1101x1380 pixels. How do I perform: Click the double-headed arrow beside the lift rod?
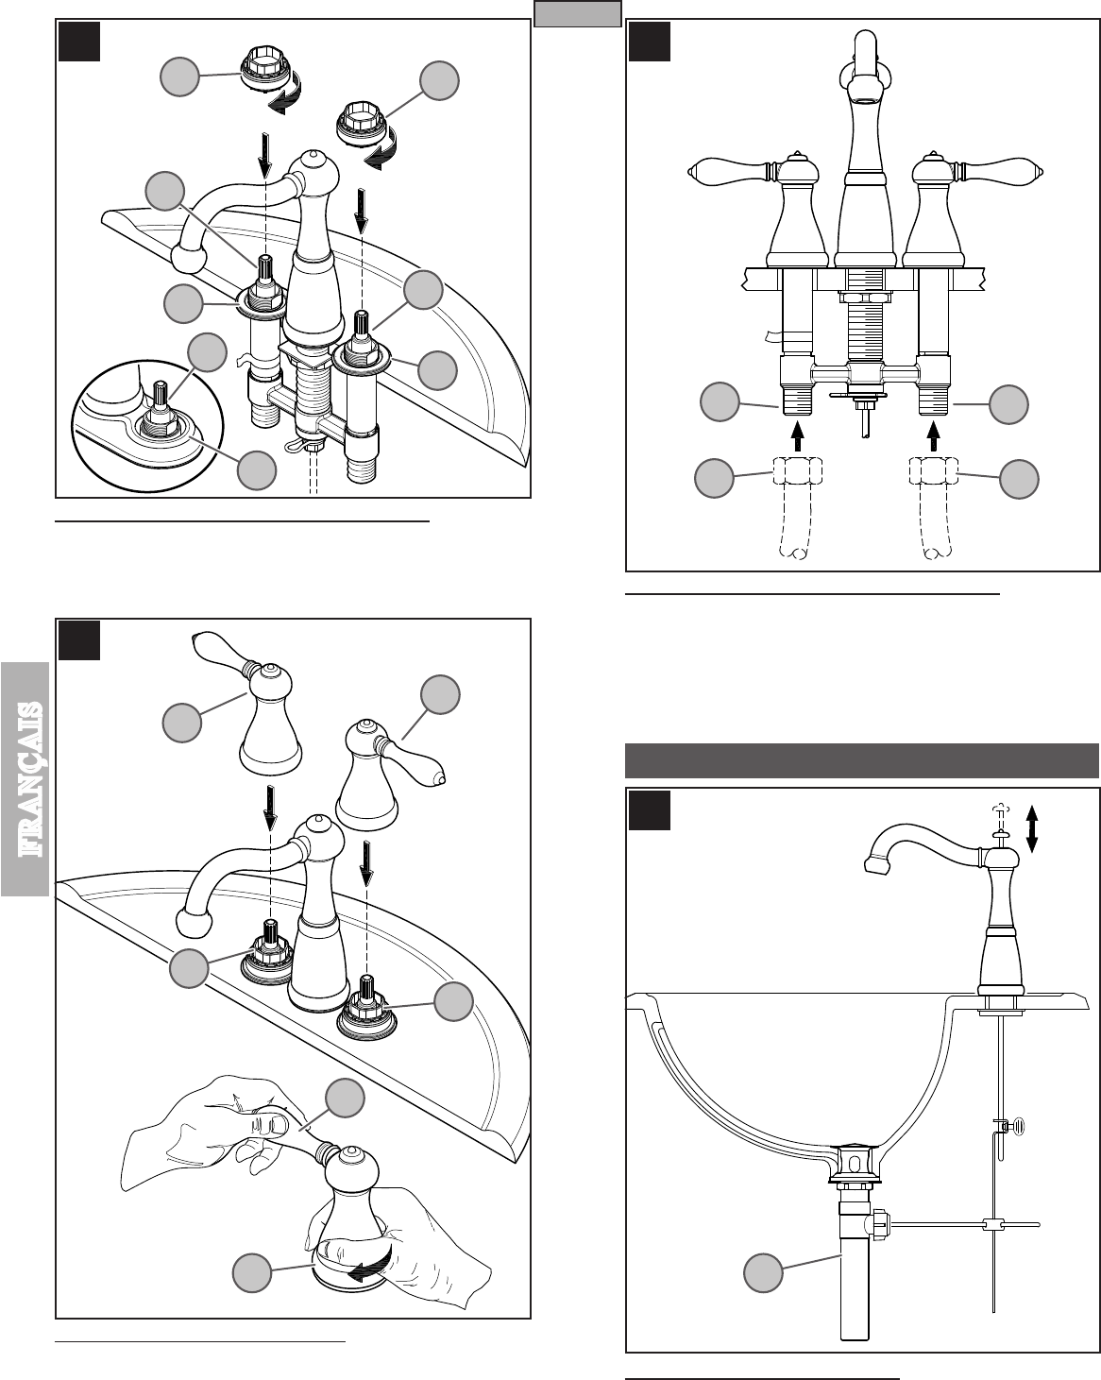[1032, 827]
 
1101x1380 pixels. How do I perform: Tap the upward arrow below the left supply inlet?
[798, 435]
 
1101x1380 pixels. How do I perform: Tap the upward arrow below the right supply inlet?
[935, 435]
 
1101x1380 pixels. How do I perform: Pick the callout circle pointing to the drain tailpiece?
[763, 1272]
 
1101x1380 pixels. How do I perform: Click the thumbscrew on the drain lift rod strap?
[1015, 1125]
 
